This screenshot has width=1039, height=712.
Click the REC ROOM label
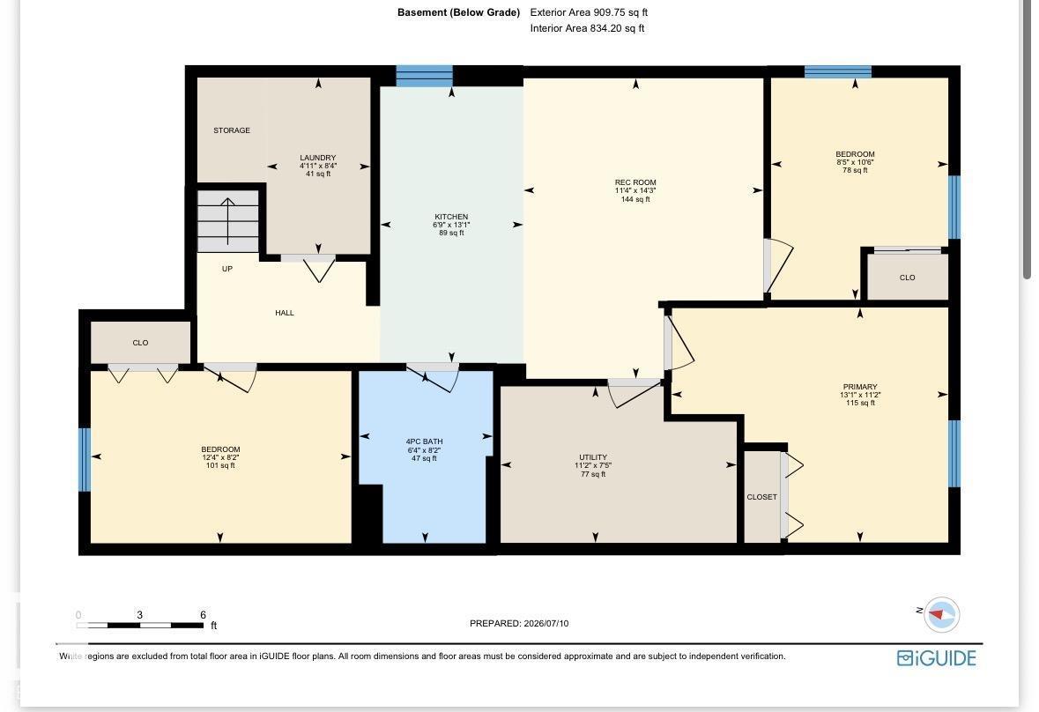(x=635, y=182)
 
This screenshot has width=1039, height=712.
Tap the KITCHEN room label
(x=451, y=217)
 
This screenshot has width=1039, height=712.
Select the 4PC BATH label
(x=424, y=441)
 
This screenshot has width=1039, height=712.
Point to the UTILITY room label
(x=593, y=457)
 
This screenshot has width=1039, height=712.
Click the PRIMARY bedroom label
(x=860, y=387)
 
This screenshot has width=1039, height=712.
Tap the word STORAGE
(x=232, y=130)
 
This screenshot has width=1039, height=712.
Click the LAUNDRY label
(x=318, y=158)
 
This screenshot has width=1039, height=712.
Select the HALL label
(x=285, y=313)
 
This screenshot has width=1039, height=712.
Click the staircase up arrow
(x=228, y=221)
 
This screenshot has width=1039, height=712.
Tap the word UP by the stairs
(x=227, y=269)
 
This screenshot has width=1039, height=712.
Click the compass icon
(x=941, y=615)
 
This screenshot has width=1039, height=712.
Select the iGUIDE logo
(x=936, y=657)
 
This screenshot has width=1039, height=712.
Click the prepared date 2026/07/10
(x=546, y=623)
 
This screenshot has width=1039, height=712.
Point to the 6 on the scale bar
(x=203, y=615)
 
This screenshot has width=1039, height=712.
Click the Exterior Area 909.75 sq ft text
(x=589, y=12)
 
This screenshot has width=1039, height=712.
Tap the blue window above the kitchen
(x=425, y=76)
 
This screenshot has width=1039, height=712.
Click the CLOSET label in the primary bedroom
(x=762, y=497)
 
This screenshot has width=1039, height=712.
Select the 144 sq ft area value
(x=635, y=199)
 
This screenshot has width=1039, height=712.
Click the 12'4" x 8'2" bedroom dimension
(x=220, y=457)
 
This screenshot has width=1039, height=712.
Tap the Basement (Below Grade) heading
(x=458, y=12)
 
